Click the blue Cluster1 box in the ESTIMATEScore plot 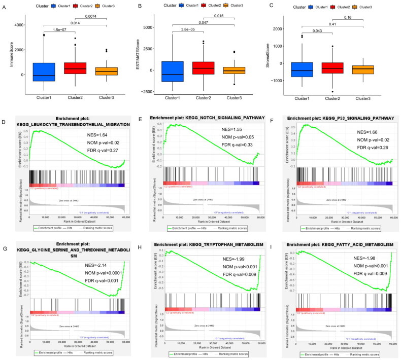coord(173,71)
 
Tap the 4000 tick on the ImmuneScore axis coord(18,24)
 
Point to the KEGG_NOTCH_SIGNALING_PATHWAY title coord(207,118)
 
